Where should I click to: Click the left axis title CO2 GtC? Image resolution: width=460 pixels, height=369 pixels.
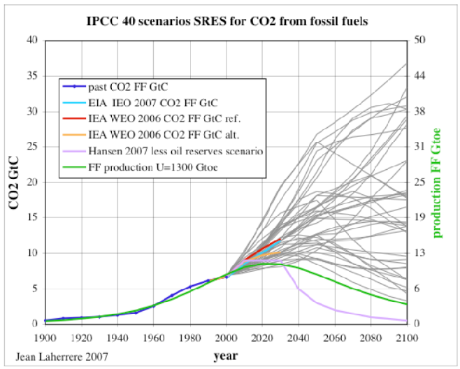(13, 182)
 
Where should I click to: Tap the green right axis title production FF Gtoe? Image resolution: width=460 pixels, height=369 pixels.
(439, 182)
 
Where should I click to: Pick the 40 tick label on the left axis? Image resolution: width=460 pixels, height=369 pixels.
(31, 40)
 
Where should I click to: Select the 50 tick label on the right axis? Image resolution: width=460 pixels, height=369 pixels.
(422, 40)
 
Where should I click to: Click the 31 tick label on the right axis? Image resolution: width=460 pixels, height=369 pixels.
(422, 147)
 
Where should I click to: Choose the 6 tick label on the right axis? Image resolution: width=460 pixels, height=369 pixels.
(419, 289)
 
